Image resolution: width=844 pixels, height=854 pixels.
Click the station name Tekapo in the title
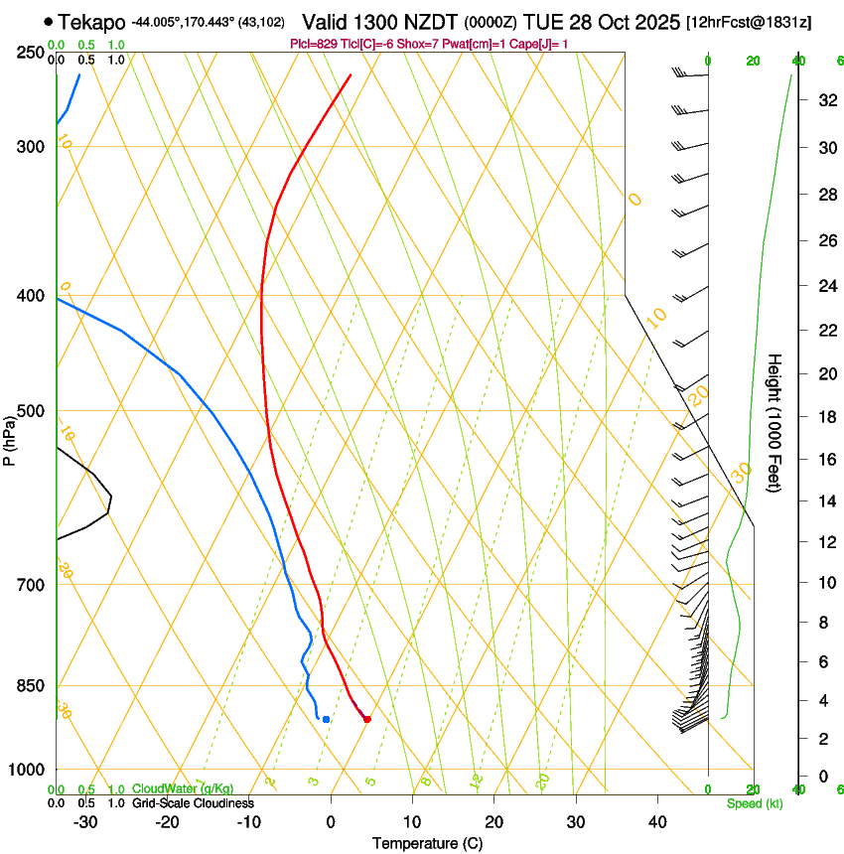91,21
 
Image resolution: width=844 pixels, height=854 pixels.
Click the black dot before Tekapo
48,21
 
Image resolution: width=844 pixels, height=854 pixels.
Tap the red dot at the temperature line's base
367,719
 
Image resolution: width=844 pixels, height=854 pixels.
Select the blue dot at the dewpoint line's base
326,719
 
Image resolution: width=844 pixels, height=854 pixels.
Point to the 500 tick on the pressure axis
31,412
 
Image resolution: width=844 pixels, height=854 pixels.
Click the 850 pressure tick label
31,686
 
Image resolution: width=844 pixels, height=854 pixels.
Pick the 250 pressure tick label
31,53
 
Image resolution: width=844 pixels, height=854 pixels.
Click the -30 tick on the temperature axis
85,821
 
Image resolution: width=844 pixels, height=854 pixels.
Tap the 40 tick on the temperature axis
656,821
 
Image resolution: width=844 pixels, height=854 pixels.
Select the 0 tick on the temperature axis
331,821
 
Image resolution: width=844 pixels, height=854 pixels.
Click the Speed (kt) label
754,803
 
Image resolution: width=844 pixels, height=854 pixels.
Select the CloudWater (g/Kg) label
183,789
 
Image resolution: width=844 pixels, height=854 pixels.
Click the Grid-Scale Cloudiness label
193,803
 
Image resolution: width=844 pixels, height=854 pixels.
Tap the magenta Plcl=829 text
320,44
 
